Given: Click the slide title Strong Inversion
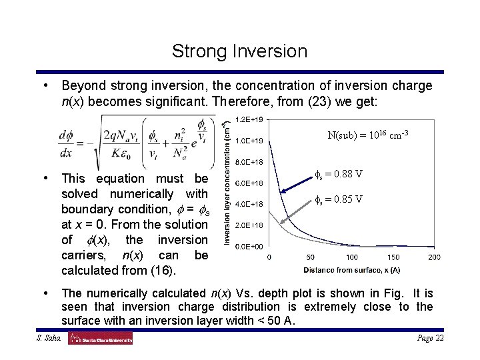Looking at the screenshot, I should (x=239, y=51).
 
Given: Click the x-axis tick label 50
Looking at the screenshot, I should (x=311, y=257).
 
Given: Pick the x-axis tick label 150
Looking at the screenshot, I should (x=393, y=257).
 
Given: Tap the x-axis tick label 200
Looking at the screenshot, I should (x=434, y=257).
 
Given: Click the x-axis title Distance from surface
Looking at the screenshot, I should (x=352, y=270).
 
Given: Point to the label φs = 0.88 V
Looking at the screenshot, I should (x=338, y=175).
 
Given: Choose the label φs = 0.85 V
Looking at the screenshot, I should (x=338, y=199).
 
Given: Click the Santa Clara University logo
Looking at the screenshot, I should (x=100, y=339).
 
